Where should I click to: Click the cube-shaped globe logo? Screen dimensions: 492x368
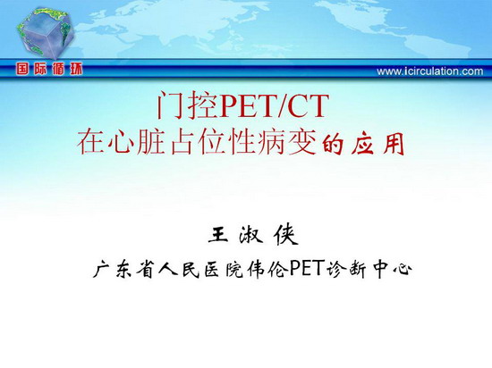point(46,32)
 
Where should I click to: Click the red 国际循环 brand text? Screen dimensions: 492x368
point(49,69)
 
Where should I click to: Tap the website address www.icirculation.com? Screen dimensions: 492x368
point(430,71)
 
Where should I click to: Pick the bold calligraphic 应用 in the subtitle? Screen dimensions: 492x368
point(377,145)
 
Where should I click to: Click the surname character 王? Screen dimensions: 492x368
point(218,234)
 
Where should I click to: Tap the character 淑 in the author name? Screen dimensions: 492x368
point(250,235)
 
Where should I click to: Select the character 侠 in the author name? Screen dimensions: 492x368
point(285,235)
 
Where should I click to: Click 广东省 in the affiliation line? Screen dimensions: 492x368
point(124,269)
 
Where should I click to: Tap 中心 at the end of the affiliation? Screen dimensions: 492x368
point(393,269)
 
